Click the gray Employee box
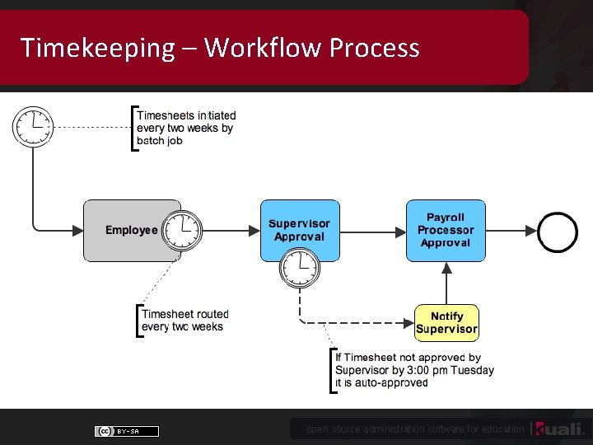[124, 231]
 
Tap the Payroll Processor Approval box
[446, 230]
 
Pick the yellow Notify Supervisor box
[446, 322]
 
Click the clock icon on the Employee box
[181, 230]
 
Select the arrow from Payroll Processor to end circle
[511, 231]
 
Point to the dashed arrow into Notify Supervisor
[362, 322]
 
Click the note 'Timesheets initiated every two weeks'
[185, 128]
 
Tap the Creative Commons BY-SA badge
[127, 431]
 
